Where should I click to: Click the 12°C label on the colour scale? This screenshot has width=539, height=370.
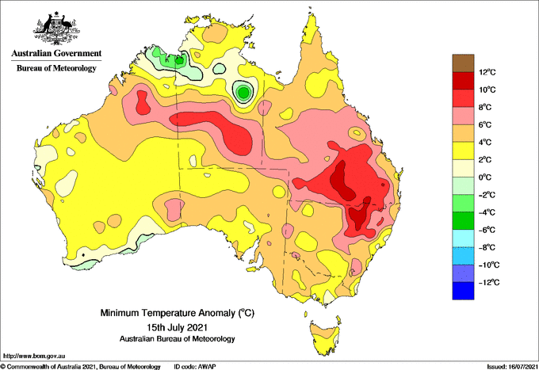coord(487,72)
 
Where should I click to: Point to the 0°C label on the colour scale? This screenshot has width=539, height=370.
coord(485,177)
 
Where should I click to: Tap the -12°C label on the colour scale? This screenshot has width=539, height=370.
coord(489,282)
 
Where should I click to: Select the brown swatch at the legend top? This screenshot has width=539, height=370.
coord(463,63)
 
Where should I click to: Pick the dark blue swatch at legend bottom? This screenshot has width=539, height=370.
coord(463,291)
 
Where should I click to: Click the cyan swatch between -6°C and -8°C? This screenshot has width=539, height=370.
coord(463,238)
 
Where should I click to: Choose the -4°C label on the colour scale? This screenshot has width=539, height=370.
coord(487,212)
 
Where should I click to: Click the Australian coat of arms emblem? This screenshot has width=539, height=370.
coord(56,29)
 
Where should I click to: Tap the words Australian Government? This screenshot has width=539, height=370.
coord(56,53)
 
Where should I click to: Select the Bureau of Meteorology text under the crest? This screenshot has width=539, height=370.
coord(56,68)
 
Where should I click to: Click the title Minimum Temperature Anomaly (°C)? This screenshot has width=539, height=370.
coord(177,313)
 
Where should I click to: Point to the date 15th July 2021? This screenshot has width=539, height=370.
coord(177,326)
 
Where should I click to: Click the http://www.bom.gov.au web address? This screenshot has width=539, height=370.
coord(34,356)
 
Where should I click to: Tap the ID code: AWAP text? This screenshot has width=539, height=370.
coord(195,367)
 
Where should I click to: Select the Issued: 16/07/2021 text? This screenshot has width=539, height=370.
coord(512,367)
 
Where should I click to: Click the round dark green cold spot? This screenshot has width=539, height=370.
coord(243,93)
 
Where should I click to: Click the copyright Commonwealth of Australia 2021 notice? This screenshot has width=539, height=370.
coord(80,367)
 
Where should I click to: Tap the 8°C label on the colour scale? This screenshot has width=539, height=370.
coord(485,107)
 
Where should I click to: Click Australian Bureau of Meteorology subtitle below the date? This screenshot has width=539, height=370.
coord(177,339)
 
